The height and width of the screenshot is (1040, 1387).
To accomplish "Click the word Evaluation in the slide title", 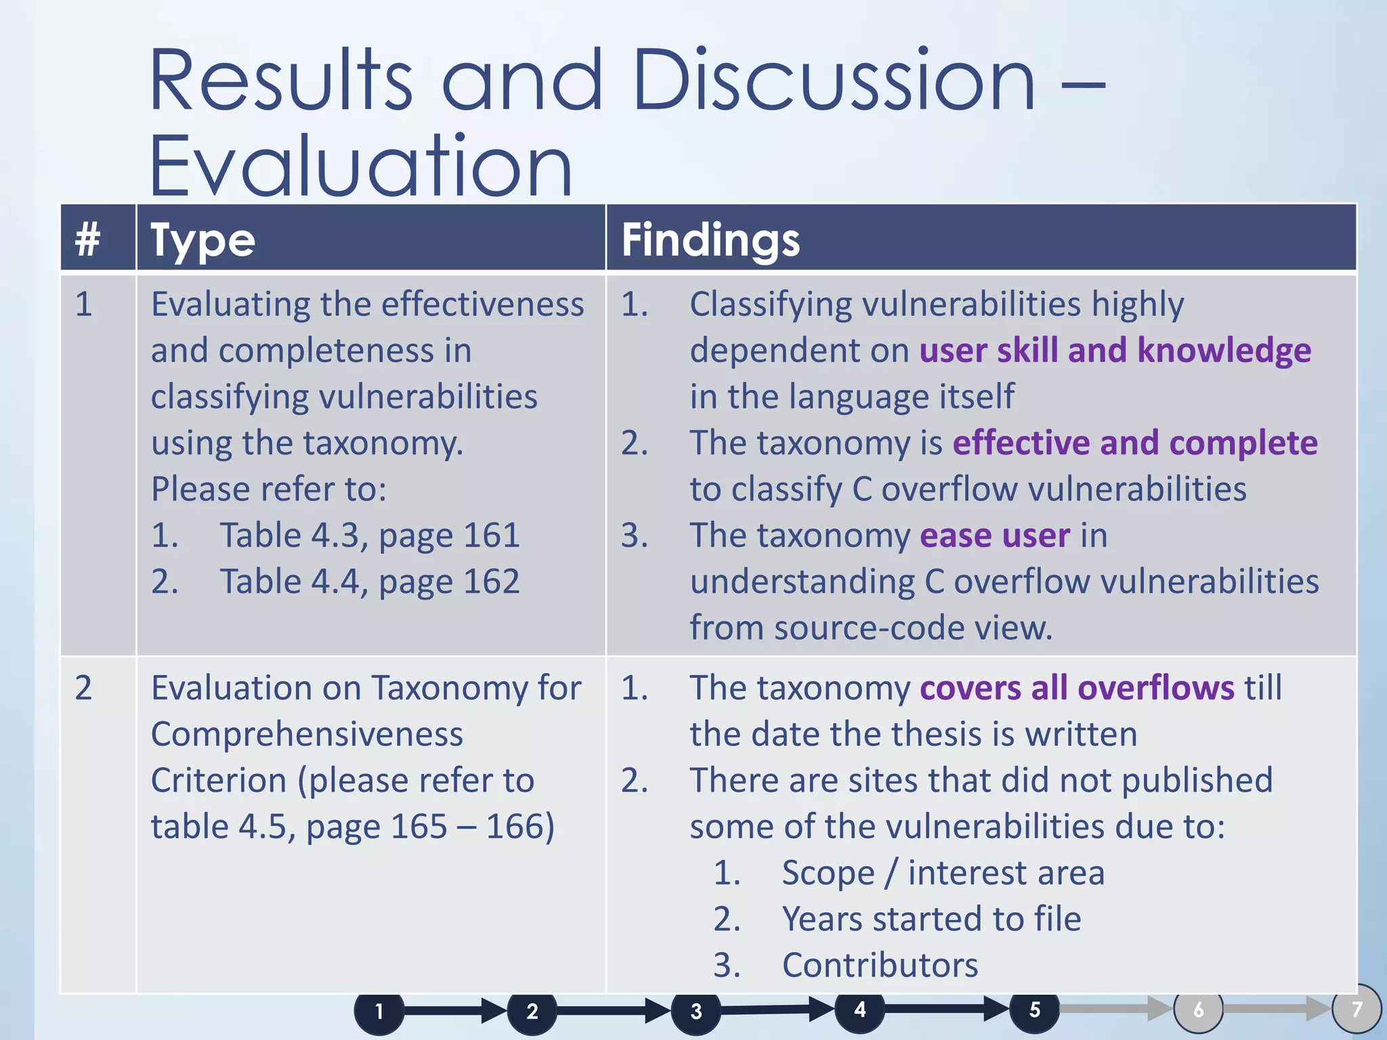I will [361, 166].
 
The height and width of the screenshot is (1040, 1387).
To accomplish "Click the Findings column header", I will [710, 240].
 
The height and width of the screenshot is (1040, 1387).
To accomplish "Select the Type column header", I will [202, 240].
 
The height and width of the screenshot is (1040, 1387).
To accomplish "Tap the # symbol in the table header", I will [87, 239].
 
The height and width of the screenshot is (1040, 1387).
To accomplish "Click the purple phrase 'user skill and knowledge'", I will [1115, 351].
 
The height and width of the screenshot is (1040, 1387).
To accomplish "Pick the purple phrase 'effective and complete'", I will [1134, 443].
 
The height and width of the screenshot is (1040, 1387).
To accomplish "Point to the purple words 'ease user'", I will [994, 536].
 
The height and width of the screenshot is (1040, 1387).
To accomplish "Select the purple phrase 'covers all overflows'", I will [1077, 688].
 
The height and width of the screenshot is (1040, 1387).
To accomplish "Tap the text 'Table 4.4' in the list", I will [293, 582].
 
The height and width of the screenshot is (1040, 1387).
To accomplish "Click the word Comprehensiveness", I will [307, 735].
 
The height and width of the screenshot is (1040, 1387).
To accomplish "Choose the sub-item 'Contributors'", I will [880, 965].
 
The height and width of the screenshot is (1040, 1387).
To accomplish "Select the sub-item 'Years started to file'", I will [931, 919].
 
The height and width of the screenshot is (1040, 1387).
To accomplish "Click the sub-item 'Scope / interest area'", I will [943, 873].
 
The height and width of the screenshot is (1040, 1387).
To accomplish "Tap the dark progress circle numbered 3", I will [696, 1011].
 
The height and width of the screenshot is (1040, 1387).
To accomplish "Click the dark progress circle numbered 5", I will [1034, 1010].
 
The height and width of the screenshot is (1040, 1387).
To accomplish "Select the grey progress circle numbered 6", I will [1198, 1010].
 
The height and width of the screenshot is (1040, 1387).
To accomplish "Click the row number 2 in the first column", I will [83, 688].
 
